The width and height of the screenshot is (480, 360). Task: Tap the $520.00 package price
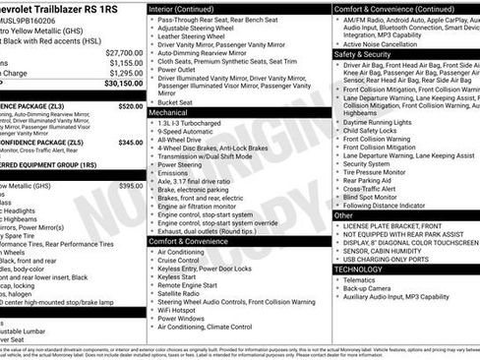click(x=130, y=105)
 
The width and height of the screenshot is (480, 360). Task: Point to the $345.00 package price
click(x=130, y=143)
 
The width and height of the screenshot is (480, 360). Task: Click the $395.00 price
click(x=130, y=185)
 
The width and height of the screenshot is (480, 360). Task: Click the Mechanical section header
click(x=169, y=113)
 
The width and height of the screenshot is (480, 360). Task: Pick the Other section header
click(x=344, y=214)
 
